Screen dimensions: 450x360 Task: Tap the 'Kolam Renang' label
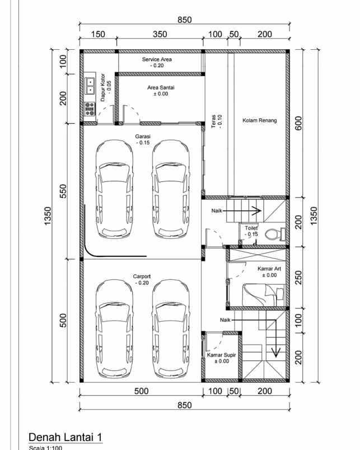pyautogui.click(x=260, y=120)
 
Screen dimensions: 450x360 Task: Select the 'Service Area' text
pyautogui.click(x=157, y=59)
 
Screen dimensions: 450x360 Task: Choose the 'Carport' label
pyautogui.click(x=142, y=276)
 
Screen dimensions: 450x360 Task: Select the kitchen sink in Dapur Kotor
pyautogui.click(x=90, y=86)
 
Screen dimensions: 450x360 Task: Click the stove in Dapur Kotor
pyautogui.click(x=90, y=109)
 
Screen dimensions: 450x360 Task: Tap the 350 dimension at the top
pyautogui.click(x=160, y=35)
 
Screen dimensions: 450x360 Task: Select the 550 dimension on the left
pyautogui.click(x=63, y=191)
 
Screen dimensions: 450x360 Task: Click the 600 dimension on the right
pyautogui.click(x=299, y=123)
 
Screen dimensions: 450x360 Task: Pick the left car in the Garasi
pyautogui.click(x=114, y=189)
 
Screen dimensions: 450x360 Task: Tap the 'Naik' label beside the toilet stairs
pyautogui.click(x=218, y=211)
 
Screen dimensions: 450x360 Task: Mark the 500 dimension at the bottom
pyautogui.click(x=141, y=391)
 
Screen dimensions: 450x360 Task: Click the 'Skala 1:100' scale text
pyautogui.click(x=45, y=447)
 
